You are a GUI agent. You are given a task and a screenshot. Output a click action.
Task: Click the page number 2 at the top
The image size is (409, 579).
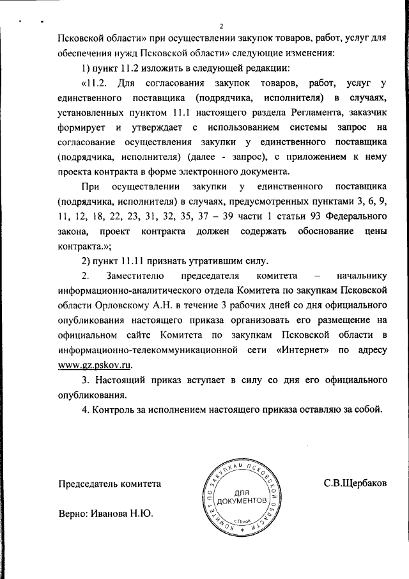tap(220, 26)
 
